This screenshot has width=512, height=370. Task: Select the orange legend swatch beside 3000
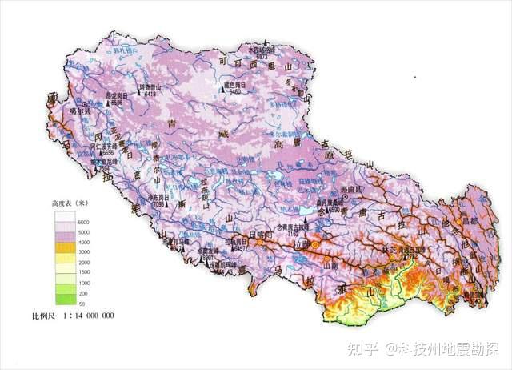(64, 251)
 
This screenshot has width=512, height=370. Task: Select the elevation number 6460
(235, 91)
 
